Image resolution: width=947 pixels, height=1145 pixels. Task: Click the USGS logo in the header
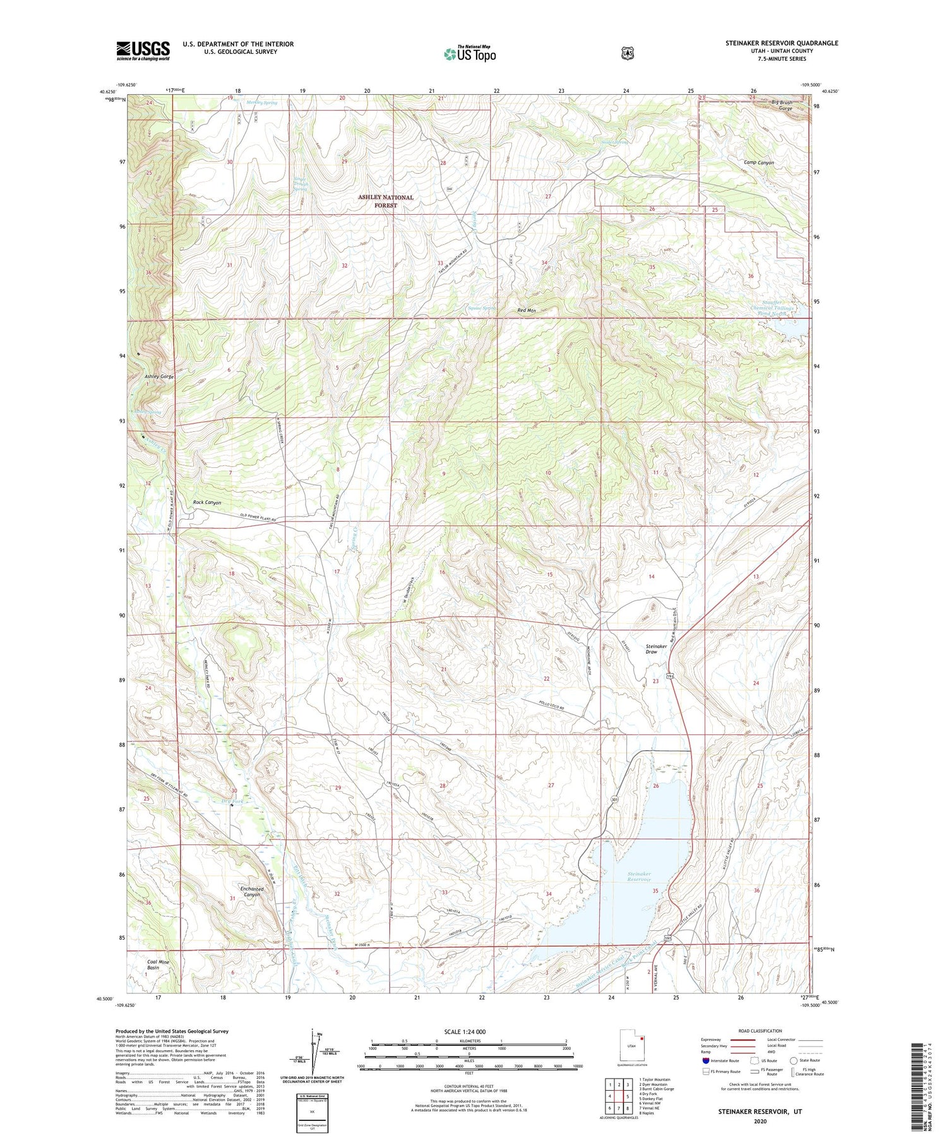(x=143, y=51)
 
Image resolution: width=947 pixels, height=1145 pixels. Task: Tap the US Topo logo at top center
(x=470, y=54)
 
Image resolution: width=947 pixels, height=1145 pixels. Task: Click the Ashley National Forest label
(x=386, y=201)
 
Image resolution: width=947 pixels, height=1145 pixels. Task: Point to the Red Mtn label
(x=526, y=310)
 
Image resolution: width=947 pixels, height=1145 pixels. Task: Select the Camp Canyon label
(x=758, y=162)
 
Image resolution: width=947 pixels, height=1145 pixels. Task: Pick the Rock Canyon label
(x=207, y=503)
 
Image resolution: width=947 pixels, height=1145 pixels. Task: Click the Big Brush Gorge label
(x=782, y=105)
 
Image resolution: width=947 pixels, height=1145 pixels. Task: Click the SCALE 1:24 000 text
(x=465, y=1031)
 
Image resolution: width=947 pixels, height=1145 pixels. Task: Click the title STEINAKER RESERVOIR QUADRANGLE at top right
(x=782, y=43)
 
